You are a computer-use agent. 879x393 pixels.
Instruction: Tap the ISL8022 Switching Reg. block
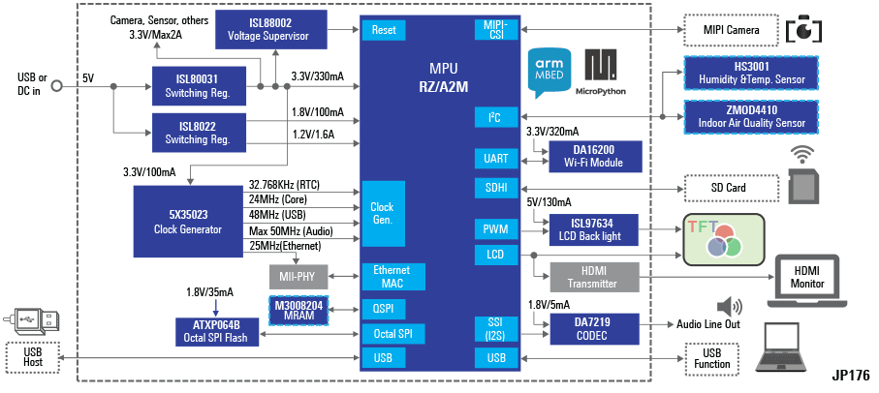204,132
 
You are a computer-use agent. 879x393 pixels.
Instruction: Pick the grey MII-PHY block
298,277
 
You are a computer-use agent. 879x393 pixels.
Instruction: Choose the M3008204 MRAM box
298,310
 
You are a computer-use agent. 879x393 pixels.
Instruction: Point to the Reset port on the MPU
383,30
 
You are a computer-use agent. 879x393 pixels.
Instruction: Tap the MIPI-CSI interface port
496,29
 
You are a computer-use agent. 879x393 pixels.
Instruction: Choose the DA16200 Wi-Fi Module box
595,157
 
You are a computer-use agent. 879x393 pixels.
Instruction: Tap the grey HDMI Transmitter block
595,277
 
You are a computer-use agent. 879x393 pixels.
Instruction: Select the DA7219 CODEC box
595,330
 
